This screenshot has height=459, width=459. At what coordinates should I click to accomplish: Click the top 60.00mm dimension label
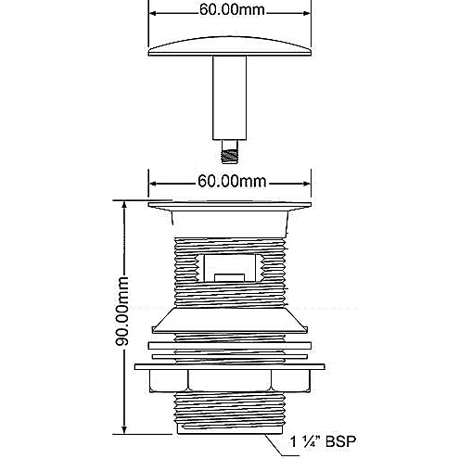click(x=232, y=9)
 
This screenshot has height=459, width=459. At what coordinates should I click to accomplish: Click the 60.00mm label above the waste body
click(x=232, y=181)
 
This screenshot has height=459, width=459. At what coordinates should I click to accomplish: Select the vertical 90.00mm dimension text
click(x=121, y=312)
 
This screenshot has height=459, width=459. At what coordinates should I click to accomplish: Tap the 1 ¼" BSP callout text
click(x=323, y=441)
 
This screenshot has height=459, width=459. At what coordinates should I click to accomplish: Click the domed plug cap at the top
click(x=229, y=47)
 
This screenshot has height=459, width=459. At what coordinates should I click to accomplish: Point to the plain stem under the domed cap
click(x=229, y=98)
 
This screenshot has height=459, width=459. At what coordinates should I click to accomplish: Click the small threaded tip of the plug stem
click(x=230, y=152)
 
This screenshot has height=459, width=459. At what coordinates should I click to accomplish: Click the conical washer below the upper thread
click(x=230, y=320)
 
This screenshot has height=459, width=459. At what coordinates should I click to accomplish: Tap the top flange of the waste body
click(x=229, y=206)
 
